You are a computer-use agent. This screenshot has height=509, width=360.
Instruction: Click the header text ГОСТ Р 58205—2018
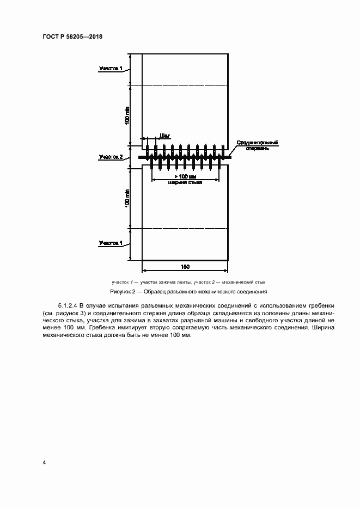(72, 36)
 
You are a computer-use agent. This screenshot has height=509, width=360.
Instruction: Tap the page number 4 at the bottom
(44, 463)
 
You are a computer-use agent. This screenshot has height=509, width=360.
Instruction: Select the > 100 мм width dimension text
(185, 177)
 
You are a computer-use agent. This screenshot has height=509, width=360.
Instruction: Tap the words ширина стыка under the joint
(185, 183)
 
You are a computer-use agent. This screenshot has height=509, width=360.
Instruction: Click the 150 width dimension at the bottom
(185, 266)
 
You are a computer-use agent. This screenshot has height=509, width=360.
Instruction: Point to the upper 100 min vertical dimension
(127, 115)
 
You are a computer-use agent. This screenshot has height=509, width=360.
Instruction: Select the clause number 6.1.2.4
(68, 306)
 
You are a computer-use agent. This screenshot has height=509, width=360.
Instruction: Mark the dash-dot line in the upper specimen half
(185, 85)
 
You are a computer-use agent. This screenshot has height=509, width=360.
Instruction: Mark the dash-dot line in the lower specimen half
(185, 229)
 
